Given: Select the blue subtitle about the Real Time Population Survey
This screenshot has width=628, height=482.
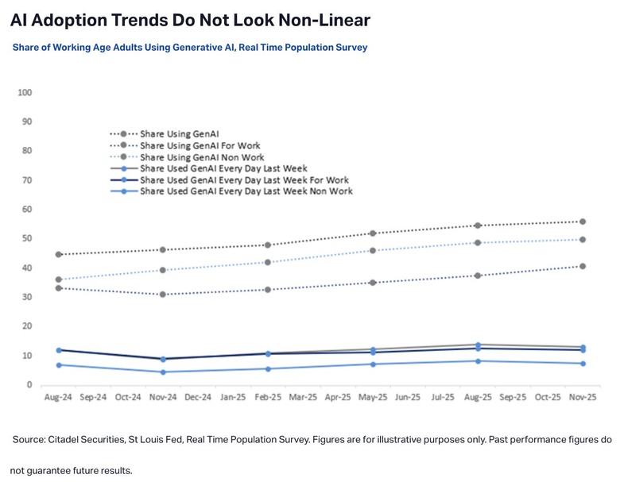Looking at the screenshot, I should [x=189, y=48].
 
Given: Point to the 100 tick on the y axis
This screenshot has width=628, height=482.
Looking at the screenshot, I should [x=24, y=92].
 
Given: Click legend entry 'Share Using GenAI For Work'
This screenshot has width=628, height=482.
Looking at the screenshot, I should [x=200, y=146].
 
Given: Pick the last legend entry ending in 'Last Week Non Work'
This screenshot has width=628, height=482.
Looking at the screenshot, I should [x=246, y=191].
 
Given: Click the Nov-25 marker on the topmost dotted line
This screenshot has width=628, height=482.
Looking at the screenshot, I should [x=583, y=222].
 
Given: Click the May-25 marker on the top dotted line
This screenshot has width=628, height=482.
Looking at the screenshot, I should [x=372, y=233].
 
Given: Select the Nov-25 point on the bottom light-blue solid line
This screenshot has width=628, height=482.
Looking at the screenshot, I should [x=583, y=364].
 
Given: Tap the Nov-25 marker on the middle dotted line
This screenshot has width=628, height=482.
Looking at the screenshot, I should [x=583, y=240].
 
